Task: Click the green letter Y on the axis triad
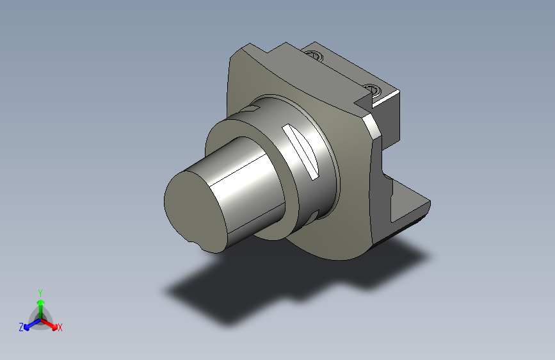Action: [40, 293]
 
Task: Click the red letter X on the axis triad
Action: [60, 327]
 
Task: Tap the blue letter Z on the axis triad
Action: [21, 327]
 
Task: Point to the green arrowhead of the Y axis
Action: [41, 303]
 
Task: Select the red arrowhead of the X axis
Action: [54, 327]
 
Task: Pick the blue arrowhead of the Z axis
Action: [26, 327]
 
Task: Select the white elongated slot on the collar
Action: [300, 152]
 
